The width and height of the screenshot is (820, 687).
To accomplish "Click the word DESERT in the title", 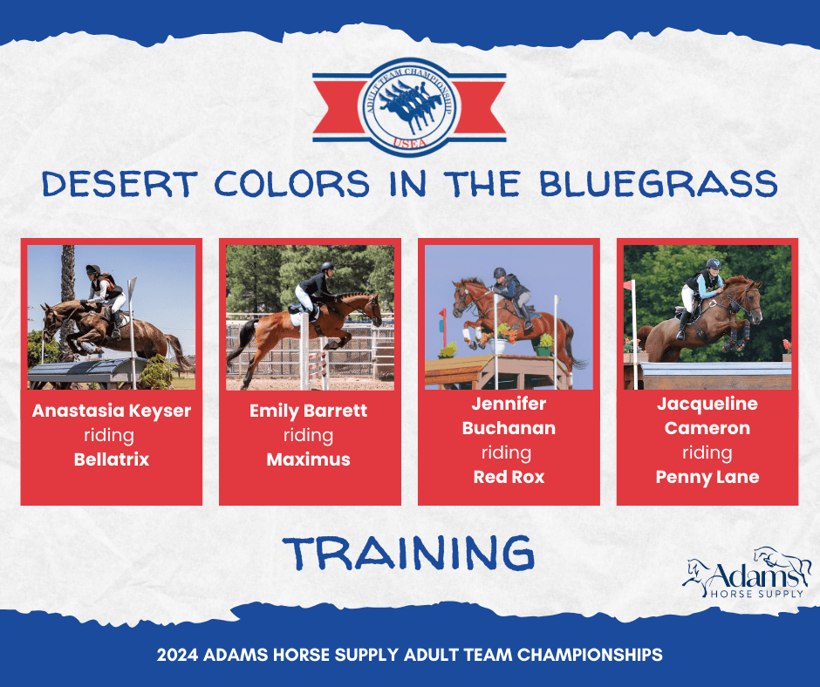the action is pyautogui.click(x=120, y=184).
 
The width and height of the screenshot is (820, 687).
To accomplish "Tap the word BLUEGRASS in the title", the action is pyautogui.click(x=659, y=184).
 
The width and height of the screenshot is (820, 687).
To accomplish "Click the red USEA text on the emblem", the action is pyautogui.click(x=409, y=142).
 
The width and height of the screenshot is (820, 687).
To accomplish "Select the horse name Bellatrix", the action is pyautogui.click(x=112, y=459).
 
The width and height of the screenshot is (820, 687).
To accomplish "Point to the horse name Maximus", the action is pyautogui.click(x=309, y=459).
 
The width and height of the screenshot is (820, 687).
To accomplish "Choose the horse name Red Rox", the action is pyautogui.click(x=509, y=477).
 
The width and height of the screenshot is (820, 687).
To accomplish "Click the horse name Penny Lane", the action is pyautogui.click(x=707, y=478).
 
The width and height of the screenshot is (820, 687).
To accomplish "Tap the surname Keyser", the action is pyautogui.click(x=160, y=412).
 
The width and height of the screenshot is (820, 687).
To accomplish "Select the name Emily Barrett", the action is pyautogui.click(x=309, y=411).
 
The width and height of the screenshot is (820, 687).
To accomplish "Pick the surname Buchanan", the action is pyautogui.click(x=509, y=428).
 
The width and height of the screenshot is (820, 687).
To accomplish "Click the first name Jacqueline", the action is pyautogui.click(x=707, y=405).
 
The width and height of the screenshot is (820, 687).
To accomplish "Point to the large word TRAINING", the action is pyautogui.click(x=408, y=553).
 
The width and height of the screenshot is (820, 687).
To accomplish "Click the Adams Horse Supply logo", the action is pyautogui.click(x=748, y=573).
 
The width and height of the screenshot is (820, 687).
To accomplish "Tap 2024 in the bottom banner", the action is pyautogui.click(x=177, y=655).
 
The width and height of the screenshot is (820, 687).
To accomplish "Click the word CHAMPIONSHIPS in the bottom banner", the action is pyautogui.click(x=590, y=655).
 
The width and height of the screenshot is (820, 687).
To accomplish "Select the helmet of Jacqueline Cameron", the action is pyautogui.click(x=713, y=263).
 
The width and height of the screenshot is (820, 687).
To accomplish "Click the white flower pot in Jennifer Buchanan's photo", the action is pyautogui.click(x=497, y=345).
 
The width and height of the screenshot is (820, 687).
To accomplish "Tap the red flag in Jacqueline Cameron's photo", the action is pyautogui.click(x=628, y=285).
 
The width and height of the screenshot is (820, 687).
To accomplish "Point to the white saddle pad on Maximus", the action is pyautogui.click(x=297, y=317).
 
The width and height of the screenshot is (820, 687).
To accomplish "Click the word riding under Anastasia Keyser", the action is pyautogui.click(x=109, y=436).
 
